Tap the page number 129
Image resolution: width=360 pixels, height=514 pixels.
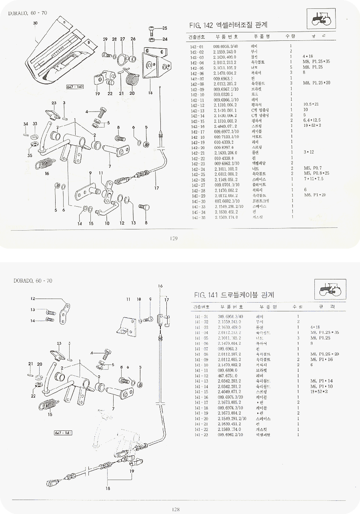point(174,239)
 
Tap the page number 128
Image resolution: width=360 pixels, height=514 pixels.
point(175,509)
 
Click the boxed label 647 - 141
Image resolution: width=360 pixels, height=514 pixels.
point(63,433)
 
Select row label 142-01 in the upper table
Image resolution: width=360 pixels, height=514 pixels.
point(197,47)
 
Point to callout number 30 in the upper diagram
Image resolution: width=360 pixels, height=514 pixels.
point(35,23)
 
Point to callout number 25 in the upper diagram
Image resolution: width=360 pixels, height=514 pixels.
point(165,28)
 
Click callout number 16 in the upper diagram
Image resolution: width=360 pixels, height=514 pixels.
point(47,173)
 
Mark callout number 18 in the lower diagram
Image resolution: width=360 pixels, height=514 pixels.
point(107,488)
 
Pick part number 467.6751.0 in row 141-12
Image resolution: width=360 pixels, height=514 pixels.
point(228,376)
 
